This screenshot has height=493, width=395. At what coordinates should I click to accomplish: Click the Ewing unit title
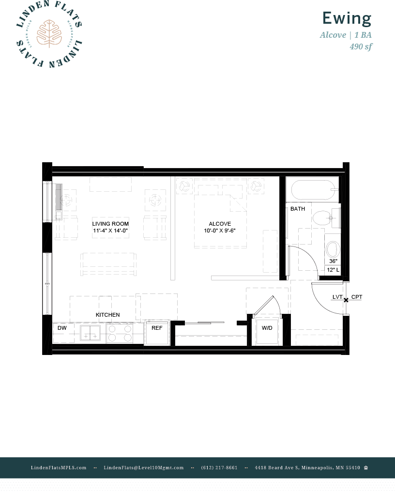[x=347, y=18]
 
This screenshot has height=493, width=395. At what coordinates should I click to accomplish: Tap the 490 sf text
[x=361, y=46]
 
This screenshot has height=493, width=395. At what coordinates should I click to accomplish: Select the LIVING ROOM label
[x=110, y=224]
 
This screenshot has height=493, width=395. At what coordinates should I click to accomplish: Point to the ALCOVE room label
[x=220, y=224]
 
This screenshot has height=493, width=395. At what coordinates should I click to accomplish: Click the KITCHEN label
[x=107, y=315]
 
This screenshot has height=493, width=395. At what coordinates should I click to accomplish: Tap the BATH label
[x=298, y=209]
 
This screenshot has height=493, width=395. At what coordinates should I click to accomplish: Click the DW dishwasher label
[x=61, y=328]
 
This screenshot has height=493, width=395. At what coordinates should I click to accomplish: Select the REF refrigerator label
[x=157, y=328]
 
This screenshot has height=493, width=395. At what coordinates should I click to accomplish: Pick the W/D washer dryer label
[x=267, y=328]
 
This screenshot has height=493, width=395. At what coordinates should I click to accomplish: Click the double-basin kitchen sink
[x=90, y=333]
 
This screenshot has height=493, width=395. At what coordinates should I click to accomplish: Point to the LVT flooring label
[x=337, y=297]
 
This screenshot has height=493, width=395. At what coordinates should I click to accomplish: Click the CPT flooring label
[x=357, y=297]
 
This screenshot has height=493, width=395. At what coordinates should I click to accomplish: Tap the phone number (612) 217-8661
[x=219, y=467]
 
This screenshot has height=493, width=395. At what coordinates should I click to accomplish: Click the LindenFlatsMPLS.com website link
[x=59, y=467]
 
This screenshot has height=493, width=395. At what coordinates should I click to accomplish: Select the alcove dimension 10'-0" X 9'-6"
[x=220, y=231]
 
